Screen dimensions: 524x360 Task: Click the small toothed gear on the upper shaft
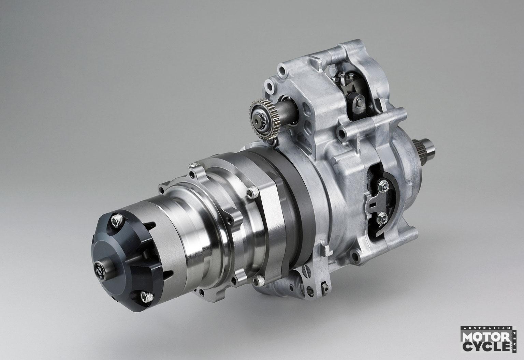265,119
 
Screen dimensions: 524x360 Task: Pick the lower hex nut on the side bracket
382,218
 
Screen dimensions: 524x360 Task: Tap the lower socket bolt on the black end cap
147,297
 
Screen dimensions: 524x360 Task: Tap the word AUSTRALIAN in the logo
486,328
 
